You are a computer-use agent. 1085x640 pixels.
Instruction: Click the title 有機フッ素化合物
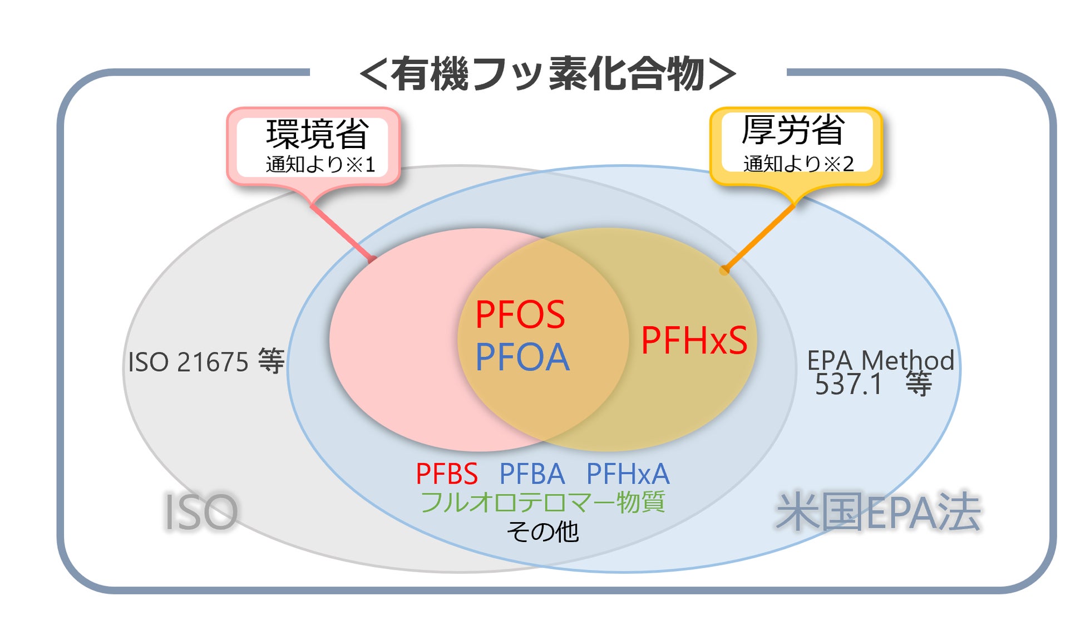(548, 74)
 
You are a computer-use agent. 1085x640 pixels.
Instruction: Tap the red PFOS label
(520, 315)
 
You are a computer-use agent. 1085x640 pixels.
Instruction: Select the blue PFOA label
(522, 357)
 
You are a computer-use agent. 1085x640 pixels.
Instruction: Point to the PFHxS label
(694, 340)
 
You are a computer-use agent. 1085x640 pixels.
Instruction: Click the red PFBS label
(446, 474)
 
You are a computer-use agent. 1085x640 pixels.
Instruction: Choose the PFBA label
(532, 474)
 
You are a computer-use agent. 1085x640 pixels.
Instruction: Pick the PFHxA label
(628, 474)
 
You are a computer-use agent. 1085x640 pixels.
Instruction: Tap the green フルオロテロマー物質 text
(542, 502)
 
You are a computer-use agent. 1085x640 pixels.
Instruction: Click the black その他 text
(542, 531)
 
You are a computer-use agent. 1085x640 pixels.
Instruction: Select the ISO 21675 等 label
(206, 362)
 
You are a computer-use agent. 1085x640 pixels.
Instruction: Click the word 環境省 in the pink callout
(317, 134)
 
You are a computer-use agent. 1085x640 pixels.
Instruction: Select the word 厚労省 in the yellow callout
(793, 130)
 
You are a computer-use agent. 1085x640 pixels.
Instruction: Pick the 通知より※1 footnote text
(320, 164)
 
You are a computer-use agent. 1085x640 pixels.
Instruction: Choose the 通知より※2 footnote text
(798, 164)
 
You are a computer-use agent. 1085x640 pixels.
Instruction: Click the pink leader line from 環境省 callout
(342, 233)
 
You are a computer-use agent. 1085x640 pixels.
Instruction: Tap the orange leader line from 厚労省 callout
(760, 237)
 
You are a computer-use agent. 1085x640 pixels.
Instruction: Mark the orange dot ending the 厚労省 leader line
(724, 270)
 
